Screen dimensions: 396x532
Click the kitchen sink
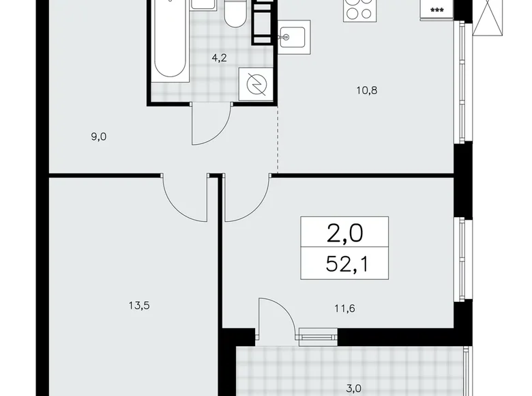click(x=294, y=34)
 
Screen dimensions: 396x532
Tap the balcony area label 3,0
click(x=354, y=388)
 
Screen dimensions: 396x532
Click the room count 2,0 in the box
click(x=345, y=234)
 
